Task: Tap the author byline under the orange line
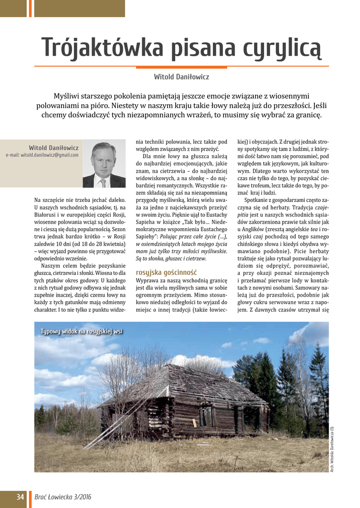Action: pyautogui.click(x=181, y=77)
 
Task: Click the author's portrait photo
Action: pyautogui.click(x=104, y=164)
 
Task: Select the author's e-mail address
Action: pyautogui.click(x=42, y=155)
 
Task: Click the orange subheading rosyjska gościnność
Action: pyautogui.click(x=166, y=272)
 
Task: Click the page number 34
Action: pyautogui.click(x=20, y=497)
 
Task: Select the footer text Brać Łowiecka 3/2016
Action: pyautogui.click(x=63, y=497)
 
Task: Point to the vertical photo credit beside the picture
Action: pyautogui.click(x=332, y=449)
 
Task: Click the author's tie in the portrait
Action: pyautogui.click(x=103, y=182)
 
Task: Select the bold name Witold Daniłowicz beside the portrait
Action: pyautogui.click(x=54, y=148)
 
